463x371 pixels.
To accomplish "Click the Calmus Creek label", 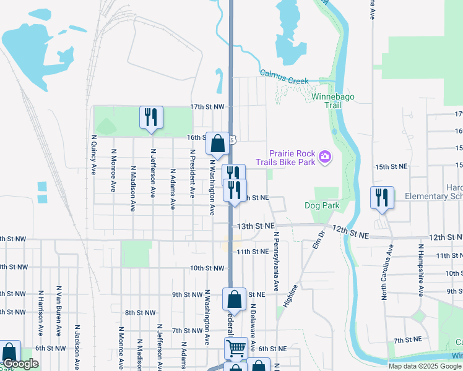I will coord(284,76).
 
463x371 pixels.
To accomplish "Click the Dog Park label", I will coord(319,205).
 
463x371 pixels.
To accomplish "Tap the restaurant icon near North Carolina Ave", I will coord(381,198).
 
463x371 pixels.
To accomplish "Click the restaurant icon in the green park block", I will coord(151,117).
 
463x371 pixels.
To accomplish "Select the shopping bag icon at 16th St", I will coord(218,144).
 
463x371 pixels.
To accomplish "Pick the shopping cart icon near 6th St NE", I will coord(236,348).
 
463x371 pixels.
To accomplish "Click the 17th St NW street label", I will coord(206,106).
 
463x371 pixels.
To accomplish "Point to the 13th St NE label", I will coord(257,226).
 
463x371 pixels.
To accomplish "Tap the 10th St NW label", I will coord(206,268).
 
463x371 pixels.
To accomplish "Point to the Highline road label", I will coord(290,296).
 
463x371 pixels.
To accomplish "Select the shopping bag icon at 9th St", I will coord(235,299).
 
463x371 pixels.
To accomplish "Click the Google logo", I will coord(20,364).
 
